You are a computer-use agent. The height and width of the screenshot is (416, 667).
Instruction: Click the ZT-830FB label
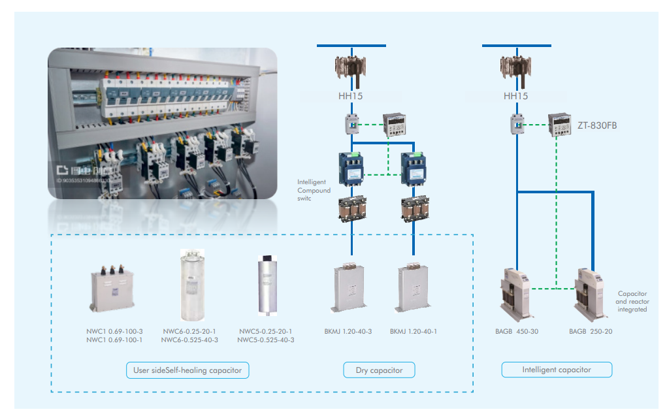point(596,125)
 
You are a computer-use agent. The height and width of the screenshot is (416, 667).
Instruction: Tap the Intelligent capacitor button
point(557,370)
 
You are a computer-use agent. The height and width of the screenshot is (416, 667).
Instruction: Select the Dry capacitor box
point(379,370)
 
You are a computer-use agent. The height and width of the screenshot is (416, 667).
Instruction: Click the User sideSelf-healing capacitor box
point(187,370)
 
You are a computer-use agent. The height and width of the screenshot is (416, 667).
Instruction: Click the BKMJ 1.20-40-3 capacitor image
point(348,287)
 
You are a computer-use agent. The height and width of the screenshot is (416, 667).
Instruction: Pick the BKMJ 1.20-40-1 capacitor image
point(413,287)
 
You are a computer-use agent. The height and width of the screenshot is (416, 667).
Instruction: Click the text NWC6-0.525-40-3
point(189,340)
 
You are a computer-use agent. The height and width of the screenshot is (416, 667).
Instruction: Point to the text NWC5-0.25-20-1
point(265,331)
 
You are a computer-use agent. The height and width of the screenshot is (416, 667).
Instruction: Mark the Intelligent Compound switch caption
point(314,190)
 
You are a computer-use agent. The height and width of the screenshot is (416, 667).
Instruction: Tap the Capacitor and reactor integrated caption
point(631,301)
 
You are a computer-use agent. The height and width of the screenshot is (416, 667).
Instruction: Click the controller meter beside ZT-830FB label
point(559,123)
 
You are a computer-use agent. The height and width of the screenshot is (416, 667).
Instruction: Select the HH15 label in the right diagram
point(515,96)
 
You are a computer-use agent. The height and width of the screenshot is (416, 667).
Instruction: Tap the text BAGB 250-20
point(591,331)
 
